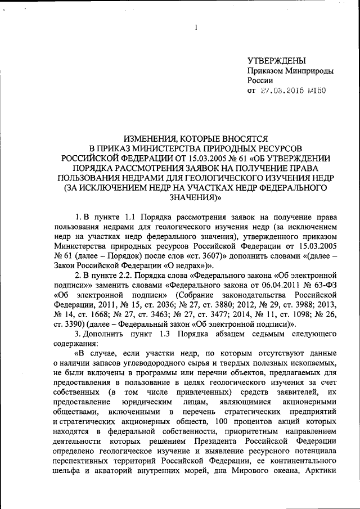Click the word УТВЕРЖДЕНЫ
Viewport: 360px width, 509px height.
277,61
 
